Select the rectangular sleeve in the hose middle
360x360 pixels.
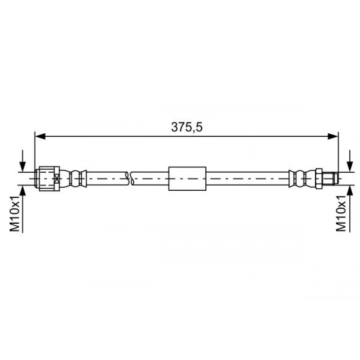point(187,178)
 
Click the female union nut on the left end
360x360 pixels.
point(48,178)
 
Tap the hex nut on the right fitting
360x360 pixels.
point(319,178)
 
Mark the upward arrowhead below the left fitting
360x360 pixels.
point(22,191)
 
